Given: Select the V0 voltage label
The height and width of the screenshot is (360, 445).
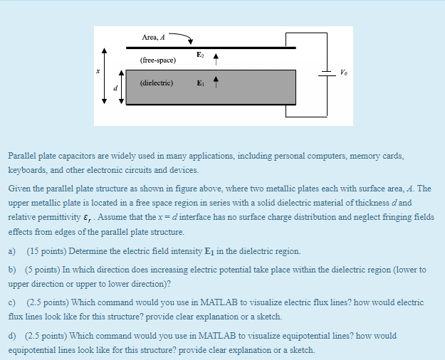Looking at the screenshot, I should click(345, 73).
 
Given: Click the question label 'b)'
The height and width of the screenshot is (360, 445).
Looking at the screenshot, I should click(12, 270).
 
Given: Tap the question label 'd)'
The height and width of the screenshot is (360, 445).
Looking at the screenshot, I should click(12, 335).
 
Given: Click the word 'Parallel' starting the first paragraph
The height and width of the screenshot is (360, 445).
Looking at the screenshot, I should click(21, 155).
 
